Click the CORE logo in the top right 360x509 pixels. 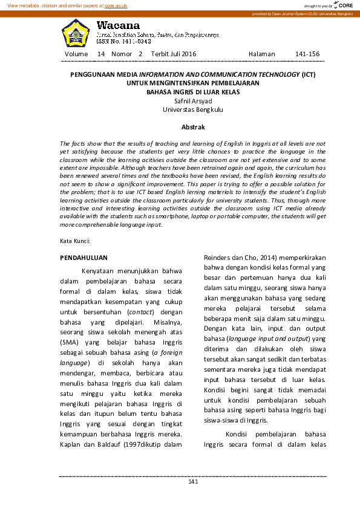tap(345, 5)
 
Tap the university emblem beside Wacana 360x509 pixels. tap(76, 34)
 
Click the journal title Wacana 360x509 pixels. tap(118, 26)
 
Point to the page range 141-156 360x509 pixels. tap(307, 54)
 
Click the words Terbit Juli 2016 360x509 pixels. tap(174, 54)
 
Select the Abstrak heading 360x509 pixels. tap(193, 127)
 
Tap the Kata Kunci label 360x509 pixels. tap(74, 241)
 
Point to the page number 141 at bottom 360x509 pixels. tap(193, 481)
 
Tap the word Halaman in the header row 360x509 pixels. tap(261, 54)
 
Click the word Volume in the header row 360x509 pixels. tap(76, 54)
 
